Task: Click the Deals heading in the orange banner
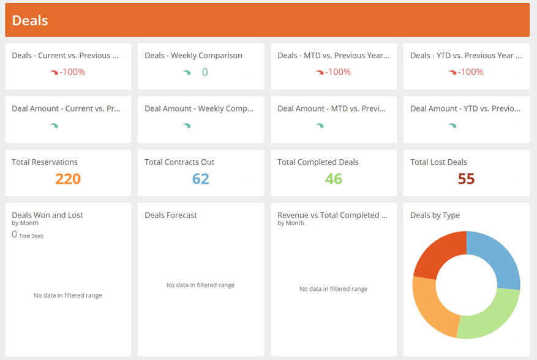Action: pyautogui.click(x=30, y=20)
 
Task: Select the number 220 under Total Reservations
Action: pyautogui.click(x=68, y=179)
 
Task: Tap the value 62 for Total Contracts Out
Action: pyautogui.click(x=200, y=179)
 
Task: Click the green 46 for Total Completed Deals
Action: pyautogui.click(x=334, y=179)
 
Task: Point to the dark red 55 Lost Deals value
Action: pyautogui.click(x=466, y=179)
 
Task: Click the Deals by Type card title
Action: pyautogui.click(x=435, y=215)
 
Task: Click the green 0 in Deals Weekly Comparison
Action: pyautogui.click(x=205, y=72)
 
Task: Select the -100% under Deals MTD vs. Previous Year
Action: pyautogui.click(x=338, y=72)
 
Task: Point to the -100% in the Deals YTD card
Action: pyautogui.click(x=471, y=72)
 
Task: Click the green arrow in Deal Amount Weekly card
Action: pyautogui.click(x=187, y=126)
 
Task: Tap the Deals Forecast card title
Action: pyautogui.click(x=171, y=215)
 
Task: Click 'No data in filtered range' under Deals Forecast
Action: pyautogui.click(x=200, y=285)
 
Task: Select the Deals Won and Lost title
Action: pyautogui.click(x=47, y=215)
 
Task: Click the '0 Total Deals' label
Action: pyautogui.click(x=28, y=235)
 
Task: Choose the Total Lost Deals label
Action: pyautogui.click(x=438, y=162)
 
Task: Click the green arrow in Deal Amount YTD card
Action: pyautogui.click(x=453, y=126)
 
